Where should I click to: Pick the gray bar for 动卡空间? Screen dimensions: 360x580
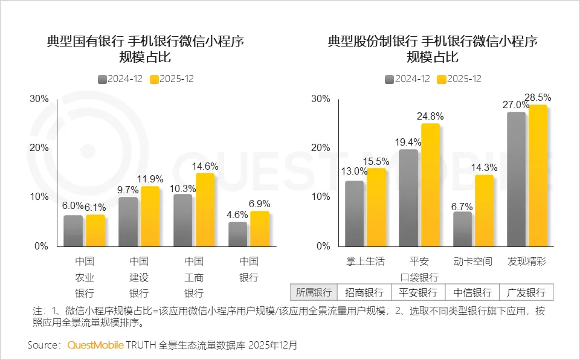(x=463, y=229)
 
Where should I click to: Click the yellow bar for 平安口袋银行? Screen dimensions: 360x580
(x=431, y=185)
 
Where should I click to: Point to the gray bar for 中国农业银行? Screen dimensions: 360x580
(x=73, y=231)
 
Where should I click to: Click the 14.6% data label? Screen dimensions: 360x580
(x=205, y=166)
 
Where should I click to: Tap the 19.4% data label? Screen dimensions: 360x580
(x=409, y=143)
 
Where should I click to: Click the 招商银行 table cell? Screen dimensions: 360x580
(x=364, y=293)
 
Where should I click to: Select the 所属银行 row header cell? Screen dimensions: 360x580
(x=314, y=293)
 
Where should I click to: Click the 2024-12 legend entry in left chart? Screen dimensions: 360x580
(x=120, y=79)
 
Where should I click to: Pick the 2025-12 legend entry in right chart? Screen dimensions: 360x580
(x=459, y=79)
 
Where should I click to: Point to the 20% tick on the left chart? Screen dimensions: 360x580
(x=39, y=148)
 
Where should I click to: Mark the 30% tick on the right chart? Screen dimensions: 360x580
(x=320, y=99)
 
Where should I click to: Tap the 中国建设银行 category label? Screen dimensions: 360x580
(x=139, y=277)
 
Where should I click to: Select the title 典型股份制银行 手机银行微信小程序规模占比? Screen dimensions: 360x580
(x=432, y=49)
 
